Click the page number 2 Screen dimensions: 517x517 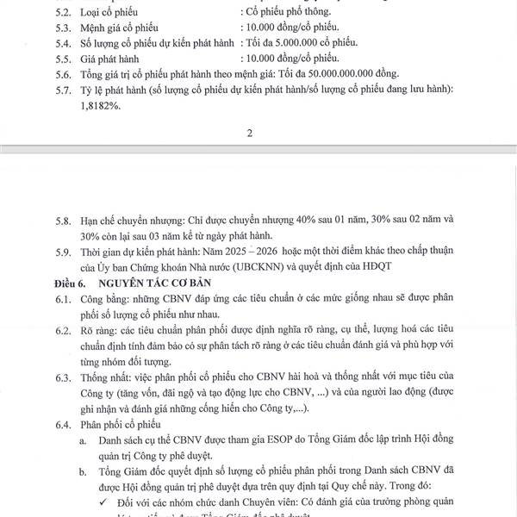249,133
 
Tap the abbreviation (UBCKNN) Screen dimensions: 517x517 266,267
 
